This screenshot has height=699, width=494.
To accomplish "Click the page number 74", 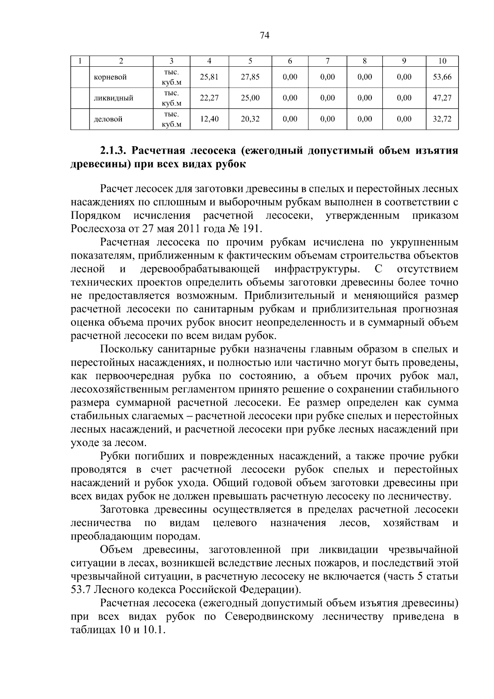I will (x=265, y=35).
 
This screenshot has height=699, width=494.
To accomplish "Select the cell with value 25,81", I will (x=209, y=77).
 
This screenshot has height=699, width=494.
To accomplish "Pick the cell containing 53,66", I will (x=442, y=77).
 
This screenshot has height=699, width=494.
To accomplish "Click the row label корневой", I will (x=110, y=77).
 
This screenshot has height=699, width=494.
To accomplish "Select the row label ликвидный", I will (x=113, y=98).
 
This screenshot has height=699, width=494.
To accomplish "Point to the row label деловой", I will (x=108, y=119).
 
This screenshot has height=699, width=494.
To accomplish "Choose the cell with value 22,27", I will (x=209, y=98).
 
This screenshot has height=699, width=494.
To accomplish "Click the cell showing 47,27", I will (x=442, y=98).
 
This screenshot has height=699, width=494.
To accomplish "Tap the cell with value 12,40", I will (x=209, y=119).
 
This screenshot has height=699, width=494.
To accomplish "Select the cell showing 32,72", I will (x=442, y=119).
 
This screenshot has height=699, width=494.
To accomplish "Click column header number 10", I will (x=442, y=61).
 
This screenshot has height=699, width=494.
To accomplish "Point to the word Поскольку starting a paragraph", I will (x=126, y=349).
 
